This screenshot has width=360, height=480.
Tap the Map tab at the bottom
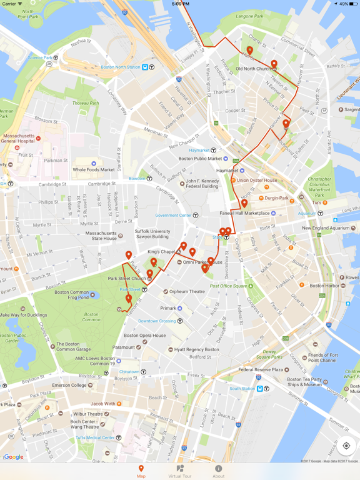click(x=141, y=471)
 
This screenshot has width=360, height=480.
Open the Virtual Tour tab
click(x=180, y=471)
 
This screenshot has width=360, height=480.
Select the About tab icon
click(x=218, y=471)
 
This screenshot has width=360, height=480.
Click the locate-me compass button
click(x=346, y=446)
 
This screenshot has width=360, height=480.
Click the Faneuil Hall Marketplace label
click(x=243, y=213)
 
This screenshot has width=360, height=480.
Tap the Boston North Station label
click(x=121, y=67)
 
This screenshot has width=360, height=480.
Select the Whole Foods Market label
click(x=94, y=169)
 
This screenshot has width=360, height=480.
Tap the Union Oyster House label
click(x=257, y=181)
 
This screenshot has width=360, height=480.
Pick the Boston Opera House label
click(x=144, y=336)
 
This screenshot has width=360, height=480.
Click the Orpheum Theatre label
click(x=187, y=292)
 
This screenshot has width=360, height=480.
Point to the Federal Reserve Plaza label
click(x=261, y=369)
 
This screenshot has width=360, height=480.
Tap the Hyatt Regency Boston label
click(x=197, y=350)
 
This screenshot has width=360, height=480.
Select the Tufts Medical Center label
click(x=95, y=438)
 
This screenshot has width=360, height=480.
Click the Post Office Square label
click(x=229, y=286)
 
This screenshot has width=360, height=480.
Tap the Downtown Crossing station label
click(x=157, y=321)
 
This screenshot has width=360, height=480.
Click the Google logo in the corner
click(x=14, y=457)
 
